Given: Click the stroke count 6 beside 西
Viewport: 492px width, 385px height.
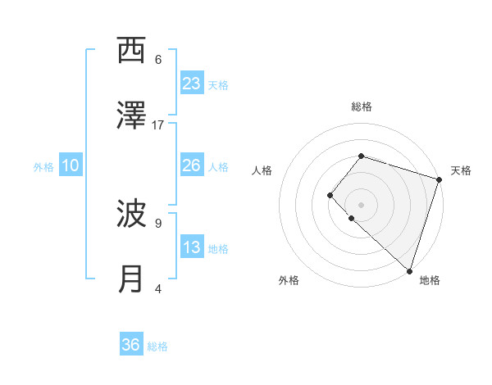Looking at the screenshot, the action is tap(158, 59).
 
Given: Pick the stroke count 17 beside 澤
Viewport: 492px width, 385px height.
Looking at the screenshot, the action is tap(158, 125).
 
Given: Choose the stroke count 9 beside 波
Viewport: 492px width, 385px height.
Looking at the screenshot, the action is tap(158, 222).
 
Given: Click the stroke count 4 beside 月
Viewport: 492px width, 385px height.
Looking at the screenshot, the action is tap(158, 288).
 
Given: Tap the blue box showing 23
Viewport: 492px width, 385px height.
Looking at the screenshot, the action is tap(192, 84).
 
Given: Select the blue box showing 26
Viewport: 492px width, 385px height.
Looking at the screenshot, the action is tap(192, 165).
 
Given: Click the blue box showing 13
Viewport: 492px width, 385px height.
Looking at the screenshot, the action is tap(192, 247).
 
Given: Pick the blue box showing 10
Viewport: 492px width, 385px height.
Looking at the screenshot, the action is tap(71, 165).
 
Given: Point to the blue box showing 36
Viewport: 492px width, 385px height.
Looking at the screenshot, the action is tap(131, 345).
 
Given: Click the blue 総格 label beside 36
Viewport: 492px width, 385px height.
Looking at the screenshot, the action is tap(157, 346).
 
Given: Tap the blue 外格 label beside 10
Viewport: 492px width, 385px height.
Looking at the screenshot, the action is tap(43, 167).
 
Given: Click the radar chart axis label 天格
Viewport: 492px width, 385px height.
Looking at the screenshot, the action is tap(461, 170).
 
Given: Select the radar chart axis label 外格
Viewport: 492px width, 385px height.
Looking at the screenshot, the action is tap(289, 280).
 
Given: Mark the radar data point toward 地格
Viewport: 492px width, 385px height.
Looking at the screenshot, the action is tap(409, 270).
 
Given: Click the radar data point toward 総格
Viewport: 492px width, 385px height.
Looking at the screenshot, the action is tap(361, 156).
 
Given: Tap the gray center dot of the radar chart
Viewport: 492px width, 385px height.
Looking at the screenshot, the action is tap(361, 204).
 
